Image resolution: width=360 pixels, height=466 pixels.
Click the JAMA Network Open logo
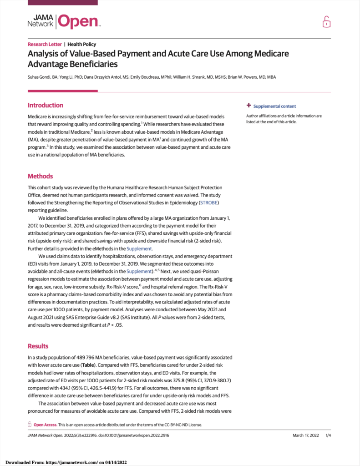click(64, 21)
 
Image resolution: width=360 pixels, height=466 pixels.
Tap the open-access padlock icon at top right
click(326, 21)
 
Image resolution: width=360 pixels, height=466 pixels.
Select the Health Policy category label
click(82, 45)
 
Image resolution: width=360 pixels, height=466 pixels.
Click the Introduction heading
click(46, 105)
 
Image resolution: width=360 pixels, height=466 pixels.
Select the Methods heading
click(40, 176)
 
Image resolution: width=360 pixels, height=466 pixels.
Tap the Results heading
click(38, 346)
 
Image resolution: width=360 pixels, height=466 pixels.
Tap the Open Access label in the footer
click(45, 425)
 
